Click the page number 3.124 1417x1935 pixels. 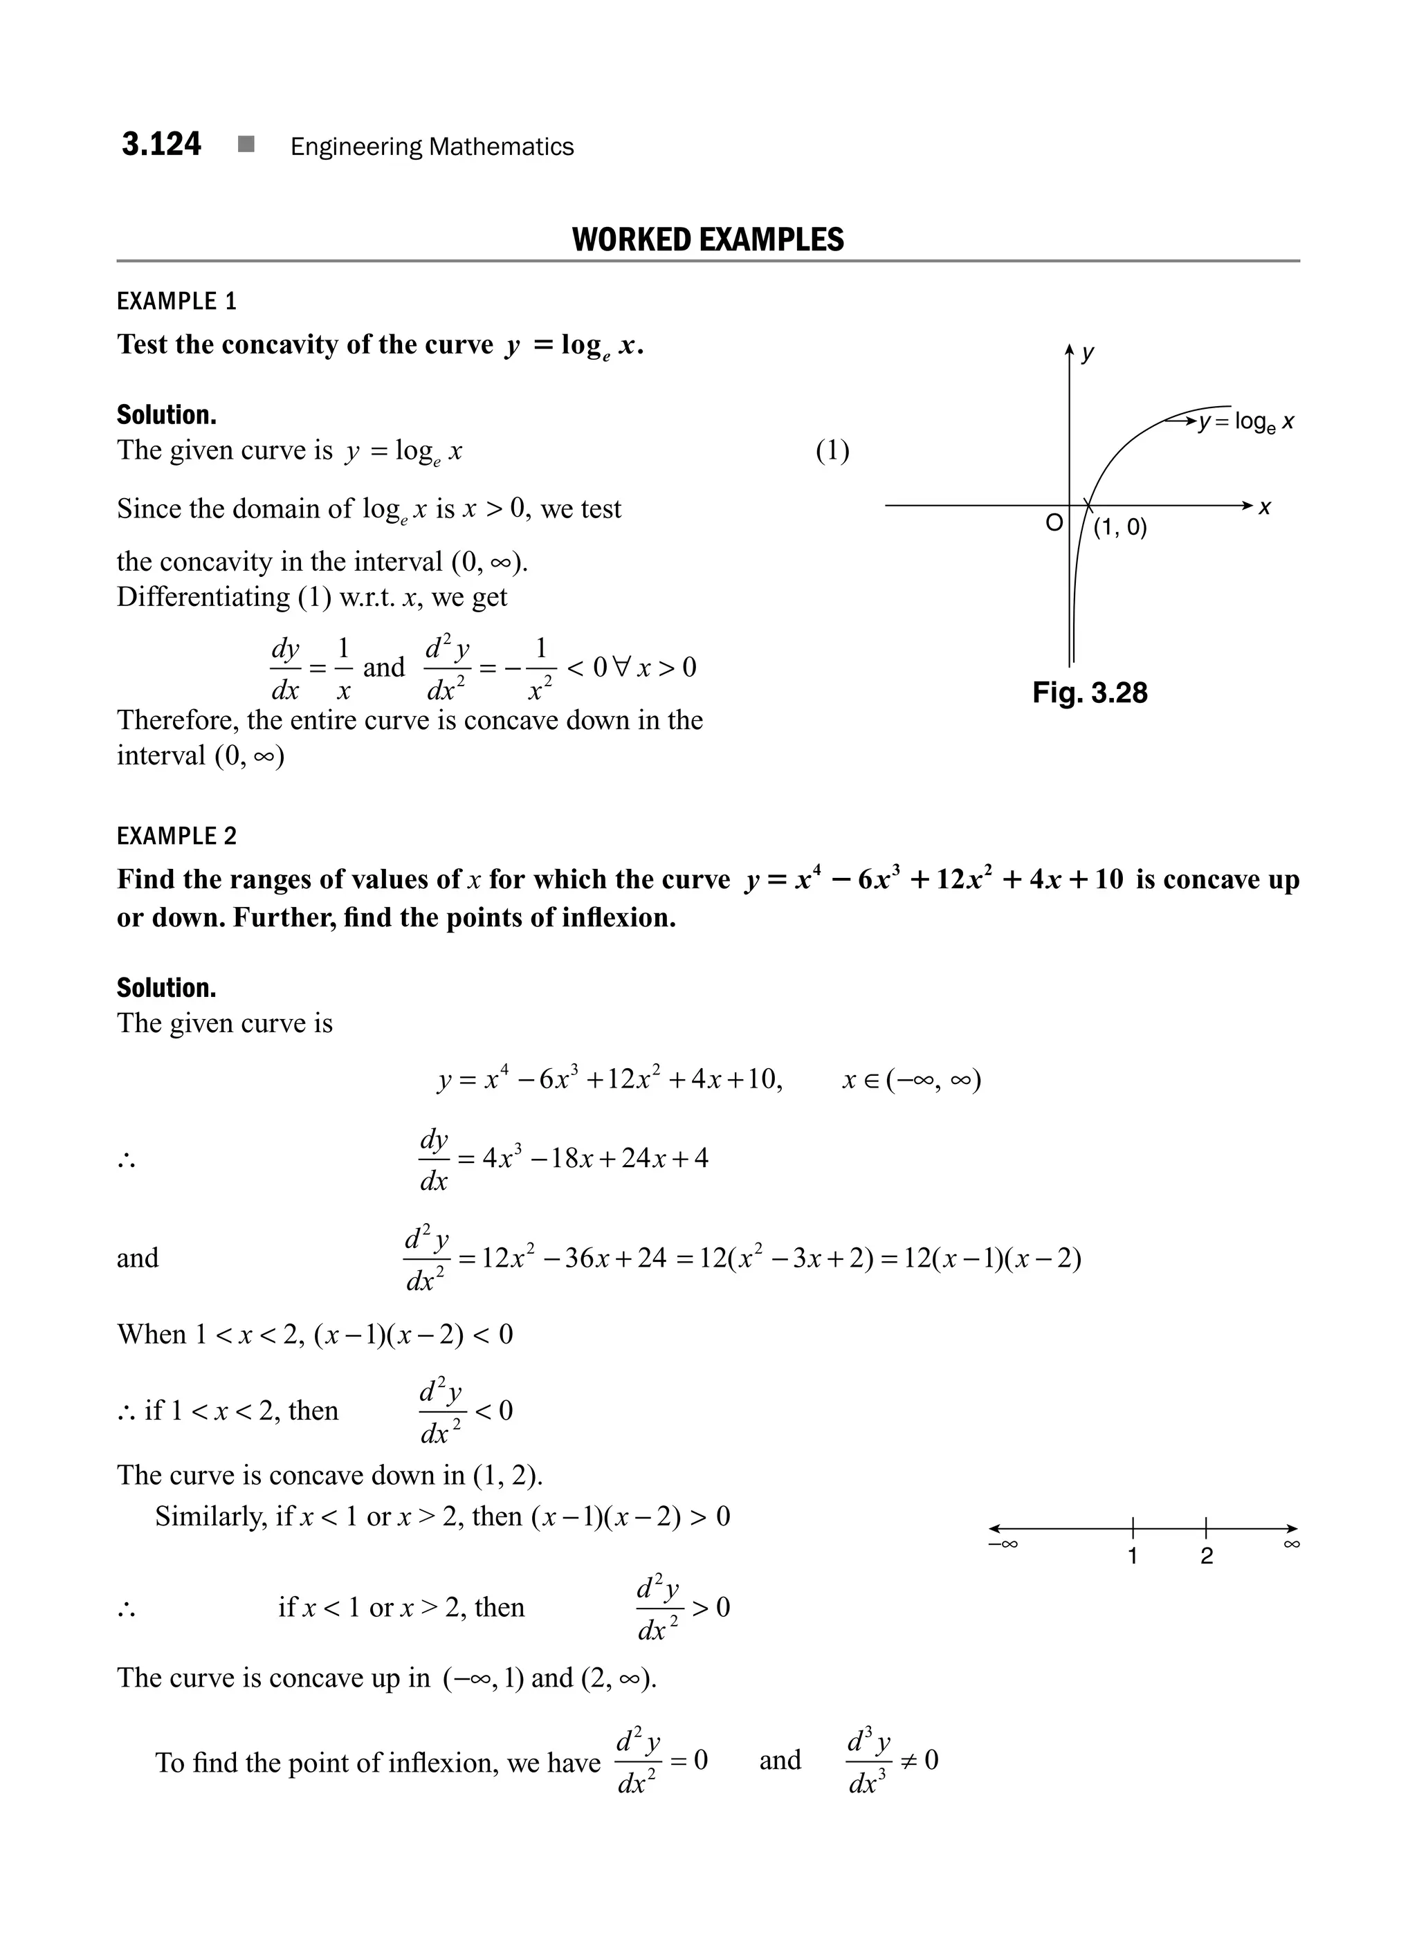(161, 144)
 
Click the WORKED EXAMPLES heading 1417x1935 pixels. (708, 239)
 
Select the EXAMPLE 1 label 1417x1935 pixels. (176, 301)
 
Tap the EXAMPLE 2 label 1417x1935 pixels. (176, 836)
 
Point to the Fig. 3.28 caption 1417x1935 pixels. (1089, 693)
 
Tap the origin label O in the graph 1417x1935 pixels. (1053, 522)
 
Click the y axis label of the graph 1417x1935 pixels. (1088, 353)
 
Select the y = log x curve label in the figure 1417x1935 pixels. (1246, 422)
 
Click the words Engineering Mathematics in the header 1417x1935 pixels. (432, 147)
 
